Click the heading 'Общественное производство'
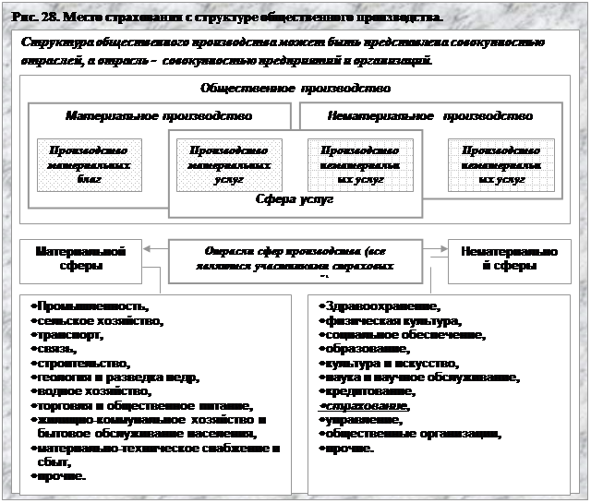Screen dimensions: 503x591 pyautogui.click(x=295, y=89)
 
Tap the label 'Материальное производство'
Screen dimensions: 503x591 pyautogui.click(x=159, y=116)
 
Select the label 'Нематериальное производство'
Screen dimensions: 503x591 pyautogui.click(x=429, y=116)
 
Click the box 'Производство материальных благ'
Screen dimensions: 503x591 pyautogui.click(x=89, y=164)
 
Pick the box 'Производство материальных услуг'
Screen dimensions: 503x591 pyautogui.click(x=229, y=164)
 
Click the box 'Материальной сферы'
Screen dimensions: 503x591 pyautogui.click(x=82, y=257)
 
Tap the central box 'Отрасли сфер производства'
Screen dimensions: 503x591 pyautogui.click(x=295, y=257)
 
